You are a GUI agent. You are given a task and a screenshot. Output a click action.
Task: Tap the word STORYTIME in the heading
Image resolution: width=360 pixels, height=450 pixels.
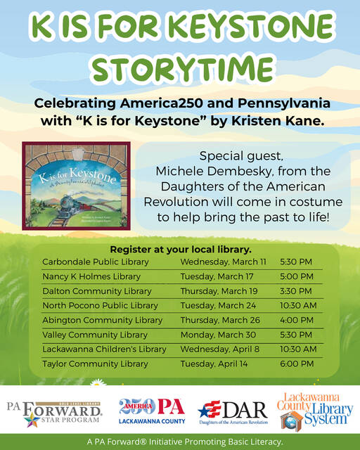coord(179,68)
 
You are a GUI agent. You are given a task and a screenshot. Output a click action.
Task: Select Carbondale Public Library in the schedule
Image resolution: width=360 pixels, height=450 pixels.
coord(96,261)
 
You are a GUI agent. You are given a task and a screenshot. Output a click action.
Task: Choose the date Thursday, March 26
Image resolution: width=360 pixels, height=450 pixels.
coord(220,320)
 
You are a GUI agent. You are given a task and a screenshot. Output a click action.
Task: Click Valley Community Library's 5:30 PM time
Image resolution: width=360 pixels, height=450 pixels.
coord(297,335)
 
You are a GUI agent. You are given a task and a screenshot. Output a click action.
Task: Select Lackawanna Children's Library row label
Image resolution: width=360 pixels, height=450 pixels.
coord(104,349)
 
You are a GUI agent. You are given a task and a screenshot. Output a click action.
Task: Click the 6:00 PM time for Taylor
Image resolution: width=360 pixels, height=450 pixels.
coord(297,364)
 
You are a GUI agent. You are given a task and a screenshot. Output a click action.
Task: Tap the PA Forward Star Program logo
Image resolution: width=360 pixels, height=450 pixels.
coord(54,413)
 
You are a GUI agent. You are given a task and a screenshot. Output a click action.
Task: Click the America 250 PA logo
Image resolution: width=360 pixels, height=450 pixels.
coord(152,411)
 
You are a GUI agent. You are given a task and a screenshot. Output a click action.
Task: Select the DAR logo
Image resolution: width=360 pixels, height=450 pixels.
coord(233,411)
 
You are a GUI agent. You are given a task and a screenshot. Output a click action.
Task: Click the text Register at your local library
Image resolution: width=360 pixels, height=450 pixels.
coord(181,249)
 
